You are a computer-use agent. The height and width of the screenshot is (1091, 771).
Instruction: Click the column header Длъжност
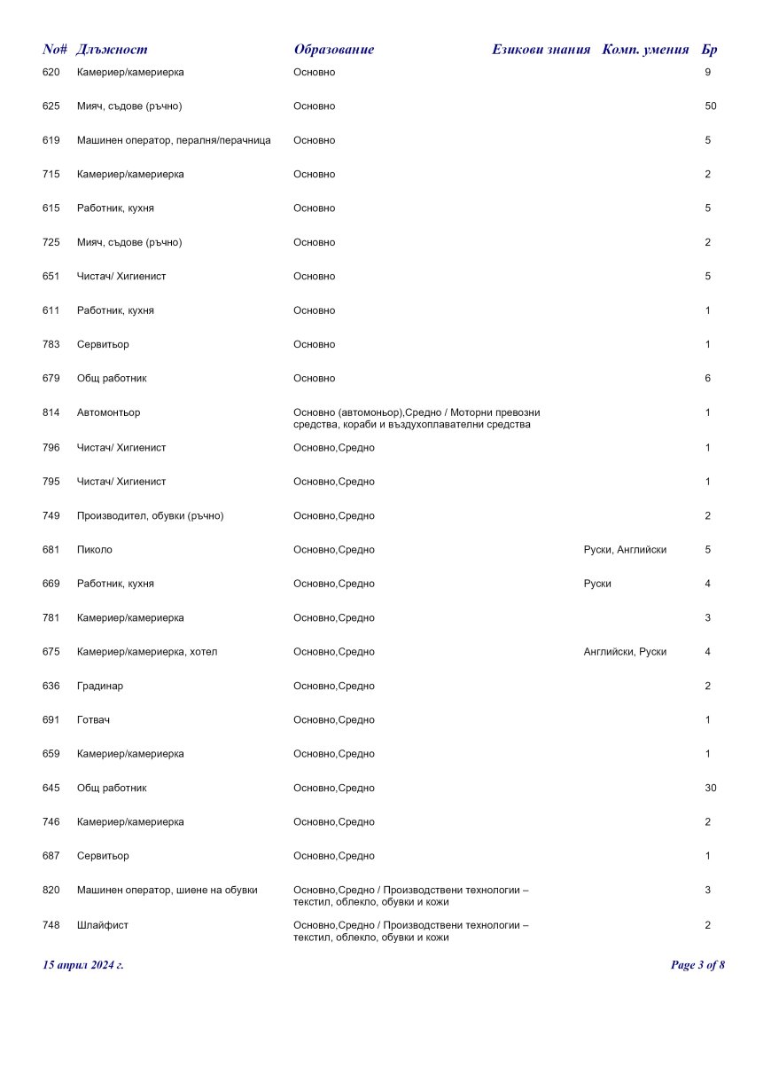112,50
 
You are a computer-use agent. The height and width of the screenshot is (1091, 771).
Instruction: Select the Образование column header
334,50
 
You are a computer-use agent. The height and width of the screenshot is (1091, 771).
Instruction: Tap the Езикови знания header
541,50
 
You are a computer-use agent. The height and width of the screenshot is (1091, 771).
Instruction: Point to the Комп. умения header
645,50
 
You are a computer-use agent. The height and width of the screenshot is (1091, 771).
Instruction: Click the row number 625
51,106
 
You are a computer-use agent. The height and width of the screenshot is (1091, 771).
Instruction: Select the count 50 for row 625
710,106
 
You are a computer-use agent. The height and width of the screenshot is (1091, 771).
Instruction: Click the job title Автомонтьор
108,412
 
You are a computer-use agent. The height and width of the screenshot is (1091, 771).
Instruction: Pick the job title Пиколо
95,550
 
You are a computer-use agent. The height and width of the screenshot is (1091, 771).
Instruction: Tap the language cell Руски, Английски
625,550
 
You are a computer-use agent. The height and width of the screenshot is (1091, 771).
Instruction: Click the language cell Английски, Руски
625,652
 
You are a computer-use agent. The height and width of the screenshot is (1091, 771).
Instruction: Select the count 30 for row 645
710,788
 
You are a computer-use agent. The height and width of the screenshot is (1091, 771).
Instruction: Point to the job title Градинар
100,686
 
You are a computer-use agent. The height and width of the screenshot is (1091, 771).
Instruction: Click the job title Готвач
94,720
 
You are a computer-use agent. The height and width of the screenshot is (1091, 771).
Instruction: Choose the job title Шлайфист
103,925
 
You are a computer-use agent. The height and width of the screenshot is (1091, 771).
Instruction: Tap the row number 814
51,412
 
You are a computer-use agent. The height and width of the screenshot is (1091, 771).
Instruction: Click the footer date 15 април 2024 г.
83,965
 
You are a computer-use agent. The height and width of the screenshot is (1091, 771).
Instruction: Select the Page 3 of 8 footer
697,965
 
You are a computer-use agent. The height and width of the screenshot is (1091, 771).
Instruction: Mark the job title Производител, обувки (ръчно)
150,516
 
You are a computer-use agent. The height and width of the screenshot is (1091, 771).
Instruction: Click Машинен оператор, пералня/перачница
174,140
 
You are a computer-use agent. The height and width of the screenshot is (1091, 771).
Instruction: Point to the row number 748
51,925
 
